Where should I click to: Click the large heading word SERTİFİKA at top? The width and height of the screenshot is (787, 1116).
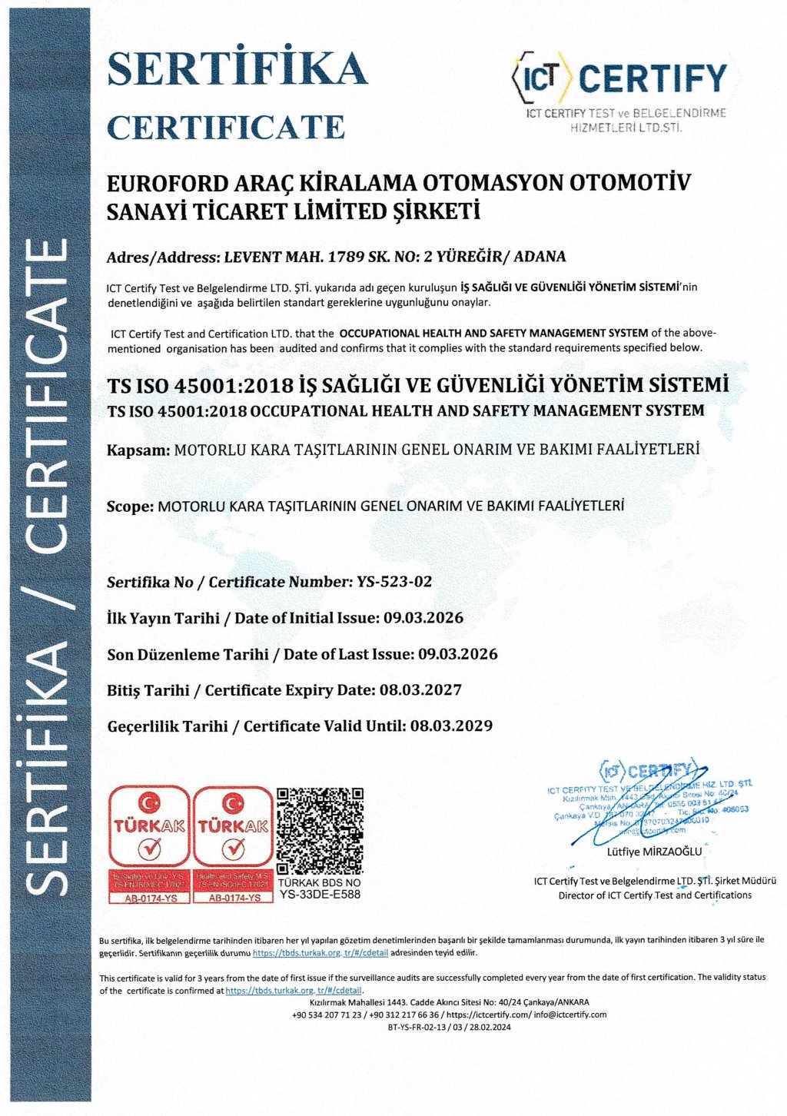[x=237, y=68]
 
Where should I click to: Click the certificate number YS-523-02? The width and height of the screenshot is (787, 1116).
[x=395, y=582]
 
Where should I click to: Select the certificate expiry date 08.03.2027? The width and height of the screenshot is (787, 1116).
[x=421, y=690]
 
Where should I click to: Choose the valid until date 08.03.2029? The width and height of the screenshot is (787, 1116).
[x=451, y=726]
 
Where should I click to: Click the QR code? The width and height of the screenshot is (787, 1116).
[x=320, y=831]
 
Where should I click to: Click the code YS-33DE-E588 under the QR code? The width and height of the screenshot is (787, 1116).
[x=320, y=895]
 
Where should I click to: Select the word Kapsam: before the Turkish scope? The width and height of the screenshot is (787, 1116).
[x=138, y=450]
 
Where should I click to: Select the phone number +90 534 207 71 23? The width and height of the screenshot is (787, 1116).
[x=327, y=1015]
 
